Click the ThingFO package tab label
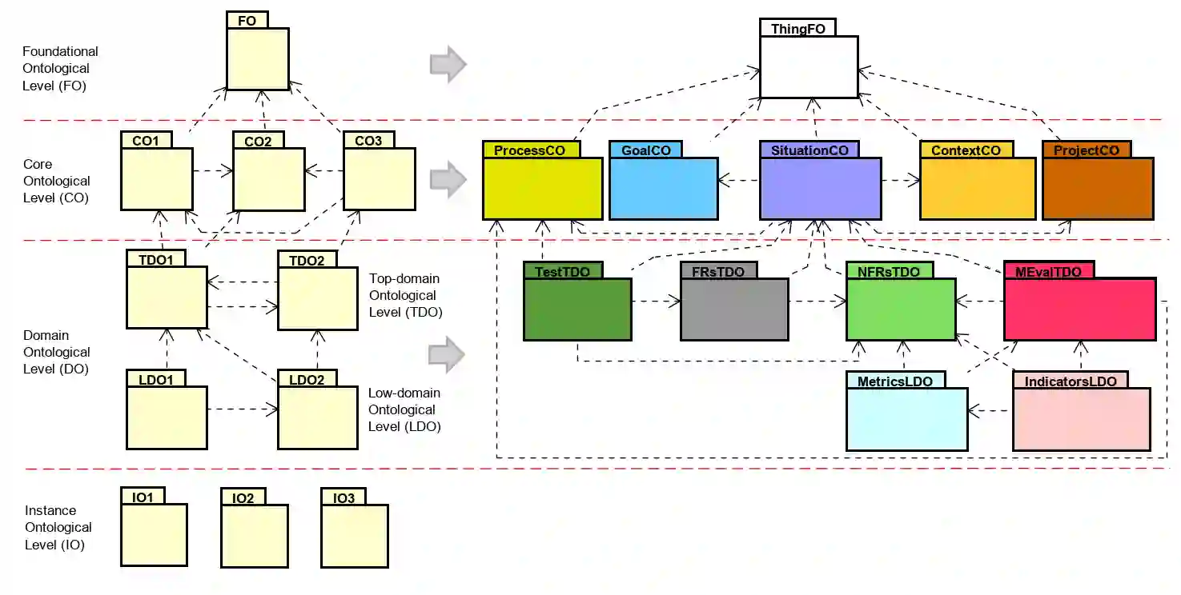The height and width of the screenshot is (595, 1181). point(797,29)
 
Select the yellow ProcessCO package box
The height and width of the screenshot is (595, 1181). point(542,188)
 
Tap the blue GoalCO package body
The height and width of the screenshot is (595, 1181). point(663,188)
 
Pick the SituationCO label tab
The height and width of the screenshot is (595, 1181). point(809,150)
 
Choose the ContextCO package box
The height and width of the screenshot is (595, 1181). point(977,188)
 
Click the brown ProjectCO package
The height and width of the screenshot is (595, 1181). point(1097,188)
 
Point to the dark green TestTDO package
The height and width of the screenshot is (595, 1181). point(576,309)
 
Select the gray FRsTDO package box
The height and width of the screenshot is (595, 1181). point(734,309)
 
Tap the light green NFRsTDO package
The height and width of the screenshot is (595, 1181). point(901,309)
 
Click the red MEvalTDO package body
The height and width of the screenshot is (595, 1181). point(1079,309)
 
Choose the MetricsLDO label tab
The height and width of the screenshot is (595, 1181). point(895,381)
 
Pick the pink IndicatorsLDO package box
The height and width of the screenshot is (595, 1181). point(1081,418)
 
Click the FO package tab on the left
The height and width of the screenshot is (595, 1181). point(247,21)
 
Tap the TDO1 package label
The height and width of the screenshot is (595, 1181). point(155,259)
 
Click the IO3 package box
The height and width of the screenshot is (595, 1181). point(354,535)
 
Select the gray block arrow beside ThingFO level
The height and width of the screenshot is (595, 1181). point(448,64)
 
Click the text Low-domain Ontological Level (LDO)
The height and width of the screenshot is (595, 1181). point(404,409)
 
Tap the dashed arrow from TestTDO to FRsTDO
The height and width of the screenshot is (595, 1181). point(655,302)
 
